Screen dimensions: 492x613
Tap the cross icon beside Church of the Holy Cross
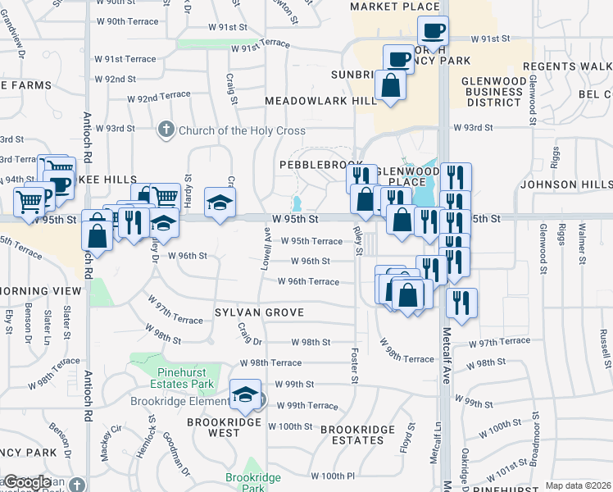pos(166,130)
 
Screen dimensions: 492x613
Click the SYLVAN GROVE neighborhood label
pos(259,312)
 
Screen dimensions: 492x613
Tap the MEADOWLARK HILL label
pos(320,101)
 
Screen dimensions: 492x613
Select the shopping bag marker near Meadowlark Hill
pos(391,86)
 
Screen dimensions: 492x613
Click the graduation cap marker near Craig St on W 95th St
pos(219,203)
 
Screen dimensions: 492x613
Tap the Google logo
pos(27,481)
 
